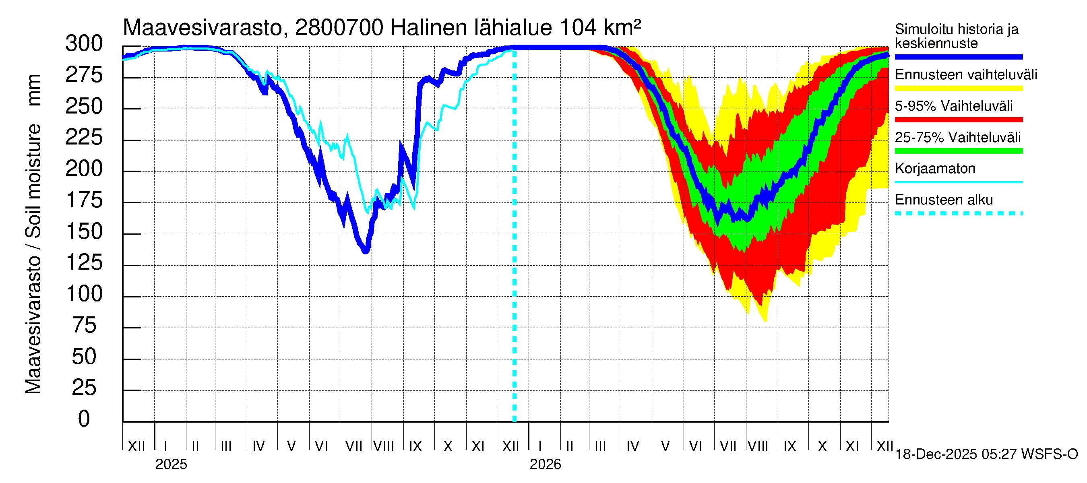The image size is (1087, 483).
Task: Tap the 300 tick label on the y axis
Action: pos(84,44)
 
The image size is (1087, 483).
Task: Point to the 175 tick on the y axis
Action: pos(84,200)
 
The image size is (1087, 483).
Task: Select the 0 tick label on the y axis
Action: pos(84,419)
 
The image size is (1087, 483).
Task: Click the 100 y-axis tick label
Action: pos(84,294)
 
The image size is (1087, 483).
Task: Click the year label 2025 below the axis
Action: pos(171,464)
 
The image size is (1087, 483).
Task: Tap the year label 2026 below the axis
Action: pos(545,464)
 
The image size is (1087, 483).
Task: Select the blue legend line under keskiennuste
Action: pos(958,57)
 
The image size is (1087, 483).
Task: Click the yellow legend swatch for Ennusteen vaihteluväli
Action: pos(958,89)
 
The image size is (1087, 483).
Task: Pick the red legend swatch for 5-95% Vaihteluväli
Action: pos(958,120)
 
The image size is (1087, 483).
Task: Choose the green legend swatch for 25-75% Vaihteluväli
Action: pos(958,151)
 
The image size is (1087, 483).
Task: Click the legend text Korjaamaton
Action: pos(935,169)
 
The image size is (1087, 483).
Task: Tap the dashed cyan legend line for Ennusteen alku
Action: pos(958,213)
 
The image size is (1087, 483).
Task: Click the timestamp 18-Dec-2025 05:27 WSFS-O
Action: pos(986,454)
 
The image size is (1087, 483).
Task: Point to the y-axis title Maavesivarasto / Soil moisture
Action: pos(33,234)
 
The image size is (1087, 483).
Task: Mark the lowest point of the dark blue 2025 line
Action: pos(366,252)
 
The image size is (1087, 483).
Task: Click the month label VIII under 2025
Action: pos(384,446)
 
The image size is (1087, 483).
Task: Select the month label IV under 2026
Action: pos(632,446)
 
